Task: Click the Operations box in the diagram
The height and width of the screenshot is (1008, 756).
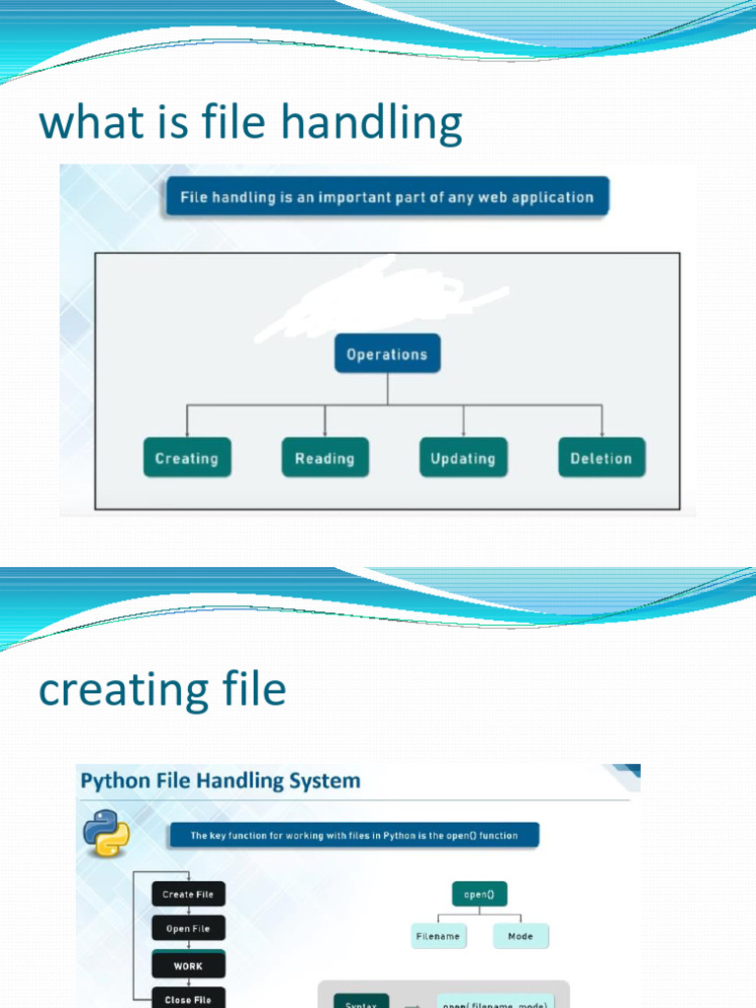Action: pyautogui.click(x=387, y=354)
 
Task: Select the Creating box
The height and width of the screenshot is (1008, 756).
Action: pyautogui.click(x=187, y=458)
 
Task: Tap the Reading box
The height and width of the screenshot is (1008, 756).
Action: pyautogui.click(x=325, y=458)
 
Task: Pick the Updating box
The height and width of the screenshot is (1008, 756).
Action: pyautogui.click(x=464, y=458)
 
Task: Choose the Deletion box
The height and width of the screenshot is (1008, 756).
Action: pyautogui.click(x=601, y=458)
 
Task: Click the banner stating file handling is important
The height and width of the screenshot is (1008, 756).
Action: pyautogui.click(x=386, y=197)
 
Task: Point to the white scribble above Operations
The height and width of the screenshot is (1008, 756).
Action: pyautogui.click(x=374, y=295)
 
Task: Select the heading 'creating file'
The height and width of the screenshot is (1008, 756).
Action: pyautogui.click(x=162, y=689)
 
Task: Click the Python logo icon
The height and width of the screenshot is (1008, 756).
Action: pyautogui.click(x=106, y=835)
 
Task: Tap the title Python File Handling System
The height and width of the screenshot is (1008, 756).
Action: pyautogui.click(x=220, y=782)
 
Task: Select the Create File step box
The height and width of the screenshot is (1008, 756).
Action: pyautogui.click(x=187, y=894)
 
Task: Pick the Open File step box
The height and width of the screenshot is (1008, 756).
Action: pyautogui.click(x=187, y=929)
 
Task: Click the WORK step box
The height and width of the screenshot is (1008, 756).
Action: pyautogui.click(x=187, y=965)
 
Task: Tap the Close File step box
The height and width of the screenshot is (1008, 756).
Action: pyautogui.click(x=187, y=998)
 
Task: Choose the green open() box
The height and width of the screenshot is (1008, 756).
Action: pyautogui.click(x=479, y=895)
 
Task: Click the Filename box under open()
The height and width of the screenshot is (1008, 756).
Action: pyautogui.click(x=438, y=936)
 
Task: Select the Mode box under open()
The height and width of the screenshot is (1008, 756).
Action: pyautogui.click(x=521, y=936)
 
